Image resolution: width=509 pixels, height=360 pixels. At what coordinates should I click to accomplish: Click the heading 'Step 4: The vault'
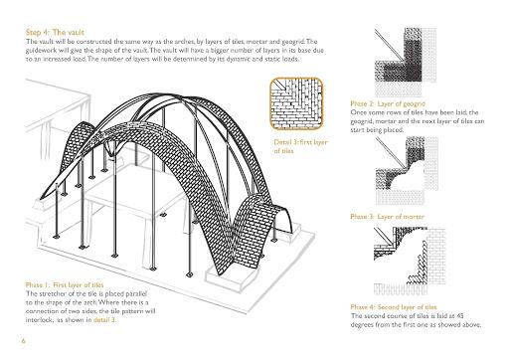(x=55, y=33)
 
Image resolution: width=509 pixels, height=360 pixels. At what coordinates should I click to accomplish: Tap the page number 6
(x=24, y=341)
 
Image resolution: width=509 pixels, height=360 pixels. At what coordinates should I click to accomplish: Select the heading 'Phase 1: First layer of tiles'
(x=65, y=285)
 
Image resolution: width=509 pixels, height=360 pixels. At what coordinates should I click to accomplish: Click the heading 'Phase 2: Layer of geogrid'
(x=388, y=103)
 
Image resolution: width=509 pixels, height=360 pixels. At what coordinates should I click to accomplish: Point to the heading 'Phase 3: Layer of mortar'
(x=387, y=217)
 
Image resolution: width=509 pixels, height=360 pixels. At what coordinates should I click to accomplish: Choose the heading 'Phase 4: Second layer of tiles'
(x=394, y=307)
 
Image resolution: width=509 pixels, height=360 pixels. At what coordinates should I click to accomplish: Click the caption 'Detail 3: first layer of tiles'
(x=300, y=146)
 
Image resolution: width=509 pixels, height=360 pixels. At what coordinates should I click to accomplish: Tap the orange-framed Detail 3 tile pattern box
(x=296, y=103)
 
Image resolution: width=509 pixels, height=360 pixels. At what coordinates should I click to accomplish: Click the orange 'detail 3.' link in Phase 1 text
(x=104, y=320)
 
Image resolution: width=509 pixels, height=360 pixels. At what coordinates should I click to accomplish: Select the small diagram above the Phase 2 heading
(x=406, y=62)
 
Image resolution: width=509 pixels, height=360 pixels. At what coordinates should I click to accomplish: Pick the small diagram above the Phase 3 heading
(x=408, y=171)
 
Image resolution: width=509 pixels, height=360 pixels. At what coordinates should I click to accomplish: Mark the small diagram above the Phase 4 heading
(x=410, y=261)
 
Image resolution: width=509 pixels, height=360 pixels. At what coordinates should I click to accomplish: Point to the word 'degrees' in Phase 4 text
(x=362, y=325)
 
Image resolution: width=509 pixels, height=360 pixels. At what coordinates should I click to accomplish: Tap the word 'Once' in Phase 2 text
(x=358, y=112)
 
